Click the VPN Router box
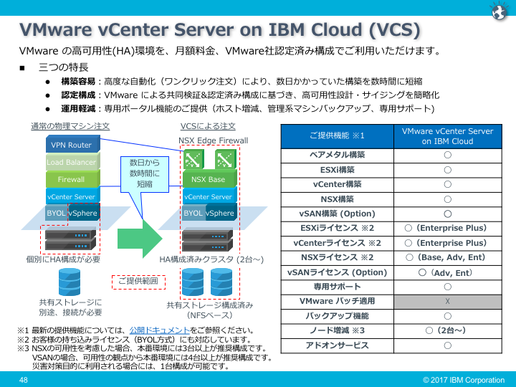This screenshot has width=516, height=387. tap(71, 145)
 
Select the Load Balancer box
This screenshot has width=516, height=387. tap(71, 163)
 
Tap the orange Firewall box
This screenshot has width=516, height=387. tap(71, 179)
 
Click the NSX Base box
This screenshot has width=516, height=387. tap(207, 179)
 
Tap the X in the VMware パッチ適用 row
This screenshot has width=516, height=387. tap(446, 301)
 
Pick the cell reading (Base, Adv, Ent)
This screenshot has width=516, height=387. tap(446, 257)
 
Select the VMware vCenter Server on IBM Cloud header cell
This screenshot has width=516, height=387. tap(446, 136)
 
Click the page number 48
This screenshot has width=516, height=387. tap(24, 380)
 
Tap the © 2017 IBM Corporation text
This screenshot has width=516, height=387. tap(464, 380)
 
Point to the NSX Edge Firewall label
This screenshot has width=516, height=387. tap(214, 140)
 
